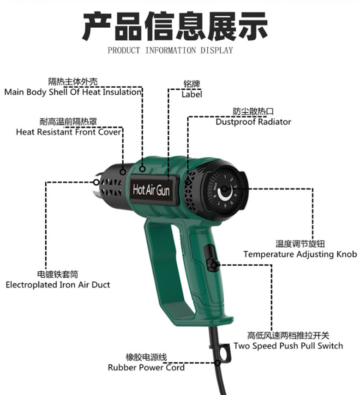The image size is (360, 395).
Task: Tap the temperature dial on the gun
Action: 225,190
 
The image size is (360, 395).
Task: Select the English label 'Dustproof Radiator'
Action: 253,122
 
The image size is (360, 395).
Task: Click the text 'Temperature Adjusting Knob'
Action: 300,254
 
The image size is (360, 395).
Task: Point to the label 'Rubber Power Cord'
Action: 146,368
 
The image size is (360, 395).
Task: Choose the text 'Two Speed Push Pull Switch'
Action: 288,346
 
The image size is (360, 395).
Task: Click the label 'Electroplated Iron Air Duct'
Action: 58,285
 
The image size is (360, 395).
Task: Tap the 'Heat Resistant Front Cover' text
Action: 68,132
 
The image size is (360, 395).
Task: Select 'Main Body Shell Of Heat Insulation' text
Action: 73,92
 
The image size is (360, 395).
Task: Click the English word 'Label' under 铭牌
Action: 192,94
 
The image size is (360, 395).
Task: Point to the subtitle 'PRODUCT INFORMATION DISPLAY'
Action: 170,50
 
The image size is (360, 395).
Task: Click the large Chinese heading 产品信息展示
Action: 175,26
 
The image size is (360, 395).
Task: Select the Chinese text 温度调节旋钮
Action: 300,244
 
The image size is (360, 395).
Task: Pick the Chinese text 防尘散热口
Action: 253,111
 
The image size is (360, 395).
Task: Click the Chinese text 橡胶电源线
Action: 146,357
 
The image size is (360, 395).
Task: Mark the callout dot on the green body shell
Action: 143,169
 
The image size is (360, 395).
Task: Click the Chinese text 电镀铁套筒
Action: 58,274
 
